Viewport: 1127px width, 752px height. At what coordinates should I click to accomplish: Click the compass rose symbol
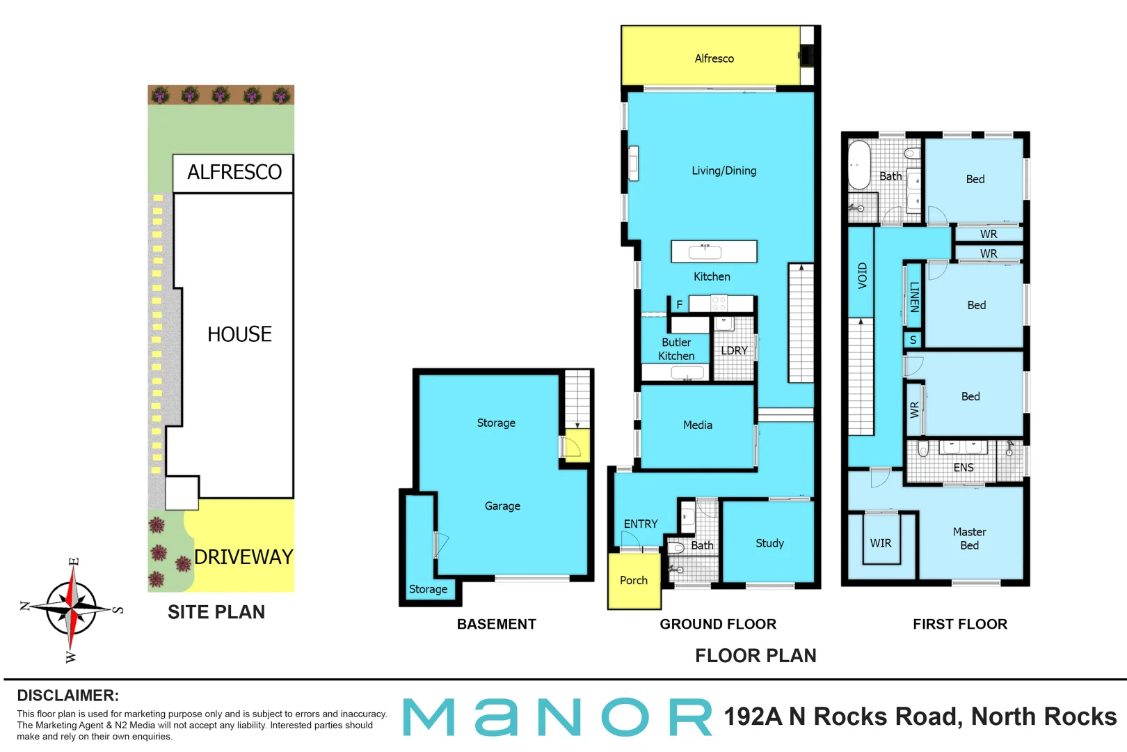(72, 609)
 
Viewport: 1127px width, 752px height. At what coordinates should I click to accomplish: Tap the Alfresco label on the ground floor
(714, 58)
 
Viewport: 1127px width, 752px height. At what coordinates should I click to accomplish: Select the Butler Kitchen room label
(676, 349)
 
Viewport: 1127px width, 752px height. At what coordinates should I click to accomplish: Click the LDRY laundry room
(734, 350)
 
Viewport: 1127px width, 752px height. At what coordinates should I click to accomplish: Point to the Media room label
(697, 425)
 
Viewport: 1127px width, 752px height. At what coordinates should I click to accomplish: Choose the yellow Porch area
(633, 580)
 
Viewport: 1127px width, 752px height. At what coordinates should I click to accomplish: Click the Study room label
(769, 543)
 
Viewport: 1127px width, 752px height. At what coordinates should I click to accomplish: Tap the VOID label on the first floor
(863, 276)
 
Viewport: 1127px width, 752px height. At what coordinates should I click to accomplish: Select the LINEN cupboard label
(914, 297)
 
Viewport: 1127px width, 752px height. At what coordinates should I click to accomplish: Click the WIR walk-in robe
(881, 543)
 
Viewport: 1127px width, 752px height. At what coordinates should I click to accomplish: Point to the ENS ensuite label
(964, 467)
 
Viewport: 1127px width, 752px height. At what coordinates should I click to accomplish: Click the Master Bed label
(969, 538)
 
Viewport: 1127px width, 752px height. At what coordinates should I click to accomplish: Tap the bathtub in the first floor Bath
(859, 166)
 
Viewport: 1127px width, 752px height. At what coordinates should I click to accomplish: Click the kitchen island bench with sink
(714, 251)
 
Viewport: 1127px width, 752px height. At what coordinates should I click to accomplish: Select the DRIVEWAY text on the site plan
(243, 557)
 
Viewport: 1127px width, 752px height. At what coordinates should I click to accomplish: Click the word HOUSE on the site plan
(239, 334)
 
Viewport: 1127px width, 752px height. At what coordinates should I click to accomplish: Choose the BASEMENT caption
(496, 624)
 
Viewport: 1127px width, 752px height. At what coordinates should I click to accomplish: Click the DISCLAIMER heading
(67, 695)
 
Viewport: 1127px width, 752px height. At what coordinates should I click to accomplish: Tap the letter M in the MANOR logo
(430, 717)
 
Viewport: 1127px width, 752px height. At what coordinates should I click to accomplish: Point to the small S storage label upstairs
(913, 340)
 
